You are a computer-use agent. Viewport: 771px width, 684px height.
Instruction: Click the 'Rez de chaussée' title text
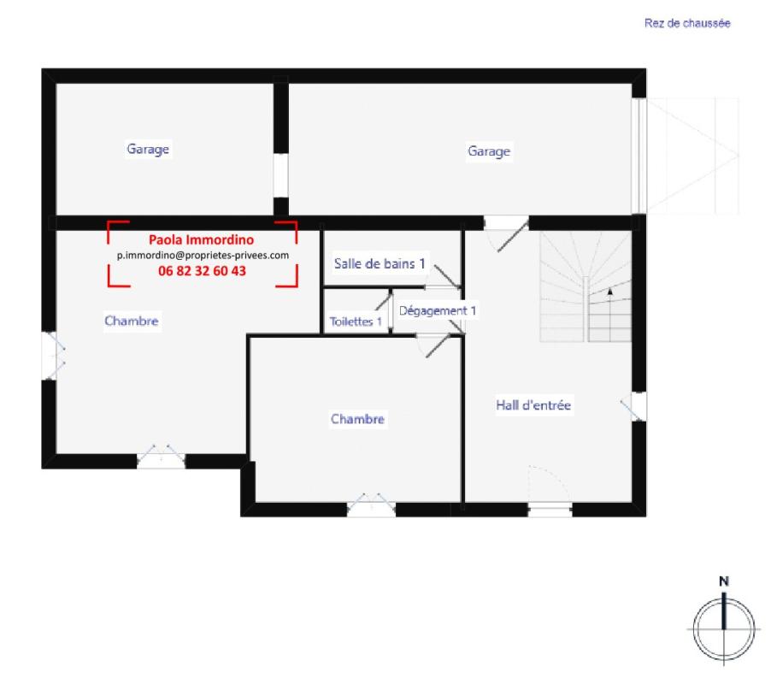686,24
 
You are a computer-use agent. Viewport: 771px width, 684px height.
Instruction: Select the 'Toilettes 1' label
356,322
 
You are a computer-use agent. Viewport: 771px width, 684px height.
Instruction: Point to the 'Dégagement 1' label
438,310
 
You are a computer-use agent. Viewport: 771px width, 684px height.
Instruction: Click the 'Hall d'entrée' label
533,405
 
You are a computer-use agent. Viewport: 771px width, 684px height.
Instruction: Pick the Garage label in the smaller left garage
149,149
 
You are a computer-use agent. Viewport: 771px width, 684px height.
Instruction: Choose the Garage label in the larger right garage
489,151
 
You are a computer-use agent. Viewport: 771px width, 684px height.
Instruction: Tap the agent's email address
203,255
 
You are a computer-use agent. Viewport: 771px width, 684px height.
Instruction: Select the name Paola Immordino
202,240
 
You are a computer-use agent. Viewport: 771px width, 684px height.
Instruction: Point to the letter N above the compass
724,582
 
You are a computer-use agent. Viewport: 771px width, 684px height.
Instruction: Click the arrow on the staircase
610,292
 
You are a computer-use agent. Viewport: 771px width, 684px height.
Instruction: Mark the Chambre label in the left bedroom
132,321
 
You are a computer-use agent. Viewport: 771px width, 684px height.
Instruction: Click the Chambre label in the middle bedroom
358,420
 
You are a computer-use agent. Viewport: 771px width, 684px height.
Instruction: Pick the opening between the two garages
280,176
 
